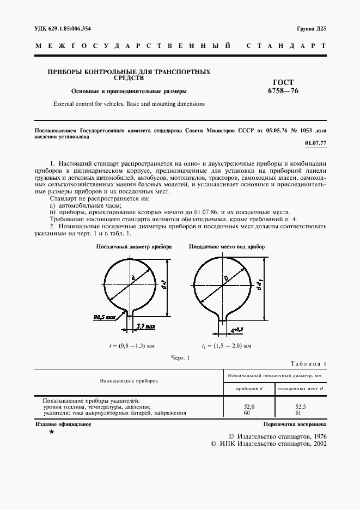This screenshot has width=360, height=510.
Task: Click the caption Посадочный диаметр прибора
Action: pyautogui.click(x=134, y=247)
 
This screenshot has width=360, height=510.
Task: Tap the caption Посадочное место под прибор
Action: pyautogui.click(x=227, y=247)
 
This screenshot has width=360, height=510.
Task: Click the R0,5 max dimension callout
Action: pyautogui.click(x=105, y=316)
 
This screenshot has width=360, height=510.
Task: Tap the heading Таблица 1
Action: pyautogui.click(x=308, y=363)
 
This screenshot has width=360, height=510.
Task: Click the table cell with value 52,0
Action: pyautogui.click(x=248, y=406)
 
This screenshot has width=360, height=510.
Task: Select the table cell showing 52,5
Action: pyautogui.click(x=301, y=406)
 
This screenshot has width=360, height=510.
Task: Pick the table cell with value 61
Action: pyautogui.click(x=301, y=413)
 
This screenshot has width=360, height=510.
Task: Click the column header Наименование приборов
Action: pyautogui.click(x=129, y=381)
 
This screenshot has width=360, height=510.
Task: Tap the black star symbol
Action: pyautogui.click(x=51, y=432)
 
